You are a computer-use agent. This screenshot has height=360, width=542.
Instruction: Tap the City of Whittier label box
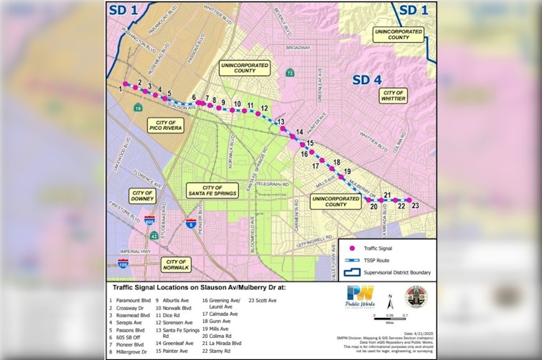coord(394,96)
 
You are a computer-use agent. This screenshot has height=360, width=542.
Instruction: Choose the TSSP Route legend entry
coord(352,260)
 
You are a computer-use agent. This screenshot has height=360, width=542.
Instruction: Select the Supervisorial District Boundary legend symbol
coord(352,272)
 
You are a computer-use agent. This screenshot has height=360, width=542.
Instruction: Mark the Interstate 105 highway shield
coord(124,262)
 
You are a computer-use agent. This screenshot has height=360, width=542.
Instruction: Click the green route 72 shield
coord(289,73)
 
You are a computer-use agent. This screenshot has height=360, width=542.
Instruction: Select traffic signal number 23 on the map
coord(410,200)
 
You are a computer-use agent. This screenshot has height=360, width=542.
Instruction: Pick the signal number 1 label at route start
coord(121,88)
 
